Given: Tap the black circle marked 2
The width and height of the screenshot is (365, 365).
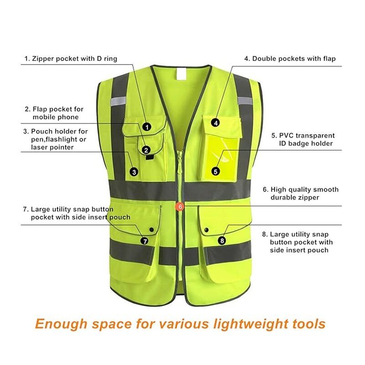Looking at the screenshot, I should point(146,149).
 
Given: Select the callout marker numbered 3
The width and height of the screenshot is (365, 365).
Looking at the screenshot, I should point(134,172).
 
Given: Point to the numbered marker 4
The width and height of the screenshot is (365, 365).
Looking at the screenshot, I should point(215,122).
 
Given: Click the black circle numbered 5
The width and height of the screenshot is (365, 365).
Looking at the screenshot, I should point(215,172).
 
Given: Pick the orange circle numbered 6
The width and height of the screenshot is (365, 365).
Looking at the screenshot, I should point(181,207).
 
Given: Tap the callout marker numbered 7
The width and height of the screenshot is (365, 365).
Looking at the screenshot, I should point(145,241).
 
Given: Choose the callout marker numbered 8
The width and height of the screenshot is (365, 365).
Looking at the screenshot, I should point(222,240).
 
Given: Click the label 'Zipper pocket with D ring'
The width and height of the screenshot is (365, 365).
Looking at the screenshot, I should point(71,58).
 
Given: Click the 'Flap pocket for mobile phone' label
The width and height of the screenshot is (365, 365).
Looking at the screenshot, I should point(54,113).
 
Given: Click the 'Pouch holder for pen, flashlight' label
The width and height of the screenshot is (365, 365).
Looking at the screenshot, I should point(56,139).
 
